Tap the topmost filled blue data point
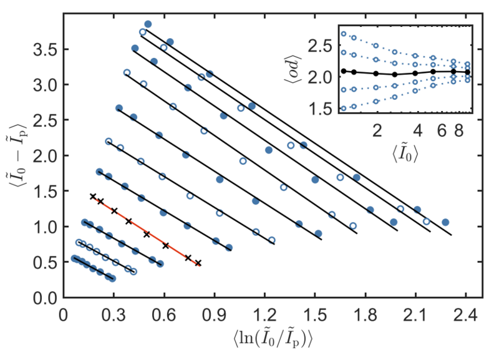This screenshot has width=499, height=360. (148, 24)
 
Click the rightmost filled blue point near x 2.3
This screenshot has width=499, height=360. (445, 222)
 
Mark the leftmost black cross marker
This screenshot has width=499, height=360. (93, 197)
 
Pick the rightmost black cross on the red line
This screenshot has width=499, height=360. (198, 263)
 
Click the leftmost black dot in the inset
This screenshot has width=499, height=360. (344, 71)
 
